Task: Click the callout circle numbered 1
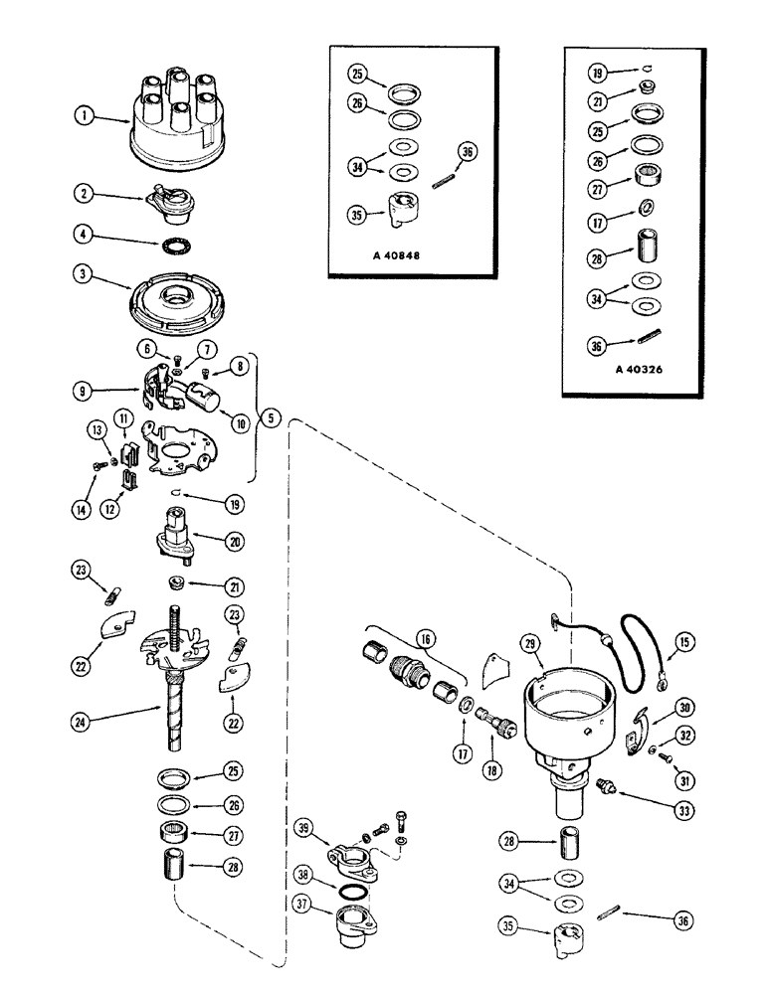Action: [x=87, y=117]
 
